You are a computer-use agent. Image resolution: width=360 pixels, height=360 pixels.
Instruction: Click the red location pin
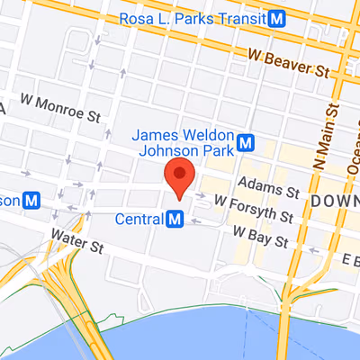(180, 176)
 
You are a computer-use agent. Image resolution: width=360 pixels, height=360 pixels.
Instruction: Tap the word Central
(139, 218)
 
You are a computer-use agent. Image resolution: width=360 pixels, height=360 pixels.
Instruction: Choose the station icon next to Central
(175, 218)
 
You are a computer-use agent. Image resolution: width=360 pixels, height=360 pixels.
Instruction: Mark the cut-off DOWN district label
(335, 198)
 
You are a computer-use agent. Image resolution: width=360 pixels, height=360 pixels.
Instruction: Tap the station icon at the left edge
(32, 199)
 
